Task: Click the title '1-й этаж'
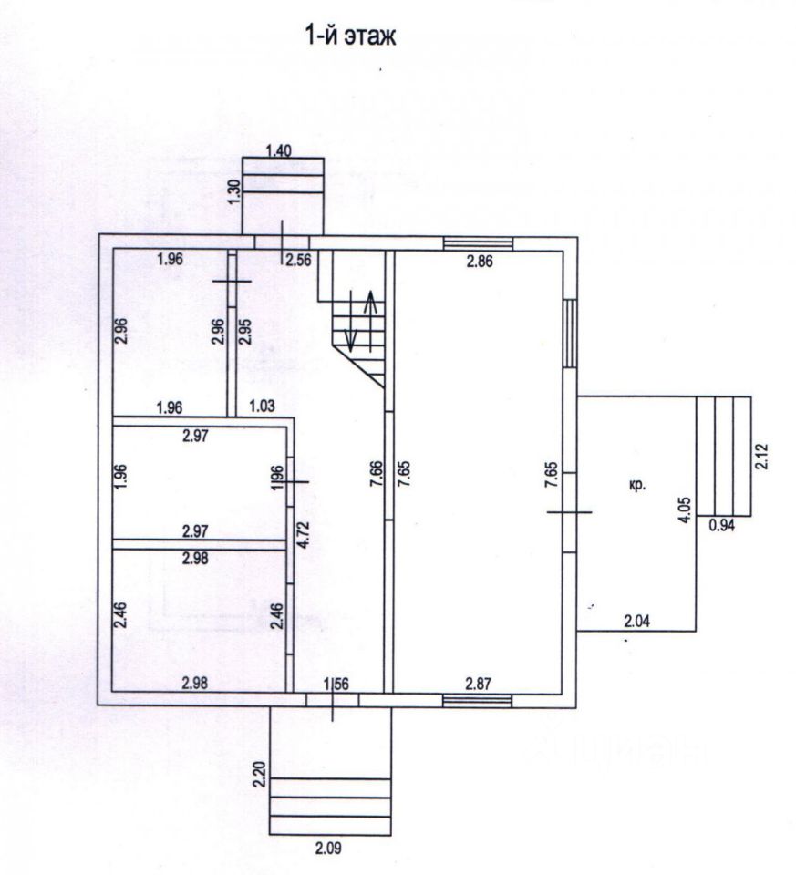coord(349,36)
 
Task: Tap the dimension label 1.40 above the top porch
coord(279,150)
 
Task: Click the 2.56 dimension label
coord(299,260)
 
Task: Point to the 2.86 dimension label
coord(480,261)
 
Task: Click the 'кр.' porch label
coord(637,485)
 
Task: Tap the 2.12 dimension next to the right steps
coord(761,456)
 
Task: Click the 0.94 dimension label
coord(722,525)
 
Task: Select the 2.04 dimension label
coord(637,621)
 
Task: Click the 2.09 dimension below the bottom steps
coord(328,849)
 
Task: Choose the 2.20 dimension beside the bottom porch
coord(259,775)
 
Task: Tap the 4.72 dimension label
coord(302,536)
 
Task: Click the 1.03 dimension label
coord(262,406)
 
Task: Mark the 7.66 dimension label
coord(377,474)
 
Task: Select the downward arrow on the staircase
coord(350,321)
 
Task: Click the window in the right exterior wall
coord(569,334)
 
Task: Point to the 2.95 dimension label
coord(244,332)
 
